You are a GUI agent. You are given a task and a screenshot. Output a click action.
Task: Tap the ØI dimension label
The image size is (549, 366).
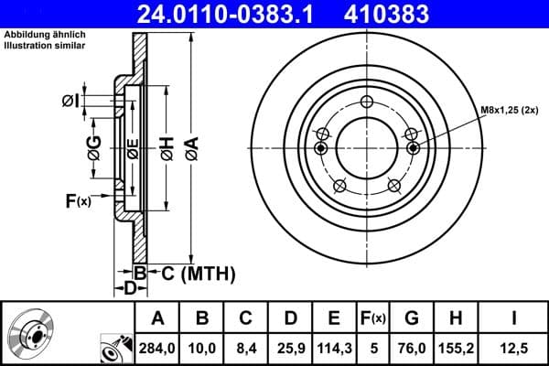[x=70, y=101]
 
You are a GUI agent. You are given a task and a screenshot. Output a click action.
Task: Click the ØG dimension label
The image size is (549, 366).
[x=92, y=144]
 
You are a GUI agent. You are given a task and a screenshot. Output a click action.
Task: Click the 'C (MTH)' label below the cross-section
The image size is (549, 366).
[x=193, y=273]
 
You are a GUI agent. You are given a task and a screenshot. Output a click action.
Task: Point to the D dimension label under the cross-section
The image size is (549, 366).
[x=130, y=288]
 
